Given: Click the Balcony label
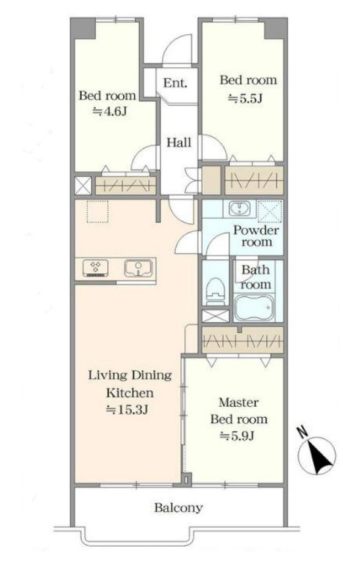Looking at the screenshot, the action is pyautogui.click(x=179, y=507).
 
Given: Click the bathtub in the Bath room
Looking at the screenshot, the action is pyautogui.click(x=254, y=307).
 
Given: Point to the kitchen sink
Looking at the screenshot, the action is pyautogui.click(x=139, y=268).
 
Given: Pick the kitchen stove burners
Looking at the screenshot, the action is pyautogui.click(x=96, y=268).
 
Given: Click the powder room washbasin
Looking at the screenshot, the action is pyautogui.click(x=237, y=208).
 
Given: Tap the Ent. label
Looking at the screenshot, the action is pyautogui.click(x=175, y=83).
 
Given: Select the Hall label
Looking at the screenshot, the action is pyautogui.click(x=179, y=143).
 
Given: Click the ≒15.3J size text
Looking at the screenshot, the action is pyautogui.click(x=127, y=409).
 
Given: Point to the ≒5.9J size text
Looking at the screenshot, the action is pyautogui.click(x=237, y=436).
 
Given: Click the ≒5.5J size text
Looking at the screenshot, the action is pyautogui.click(x=246, y=98).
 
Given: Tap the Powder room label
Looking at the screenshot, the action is pyautogui.click(x=256, y=236).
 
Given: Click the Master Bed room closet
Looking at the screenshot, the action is pyautogui.click(x=243, y=340).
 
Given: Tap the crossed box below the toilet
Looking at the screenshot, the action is pyautogui.click(x=215, y=316).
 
